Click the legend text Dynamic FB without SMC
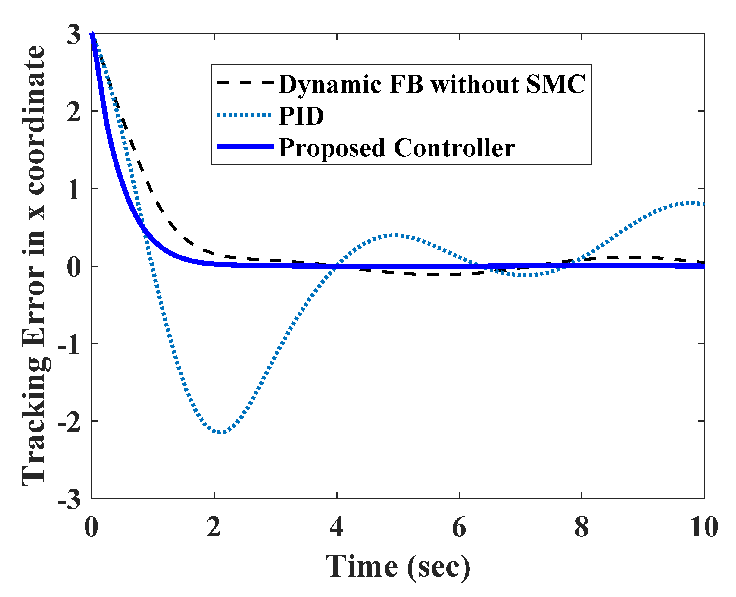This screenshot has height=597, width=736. click(x=432, y=84)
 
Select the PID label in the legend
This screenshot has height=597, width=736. click(x=301, y=116)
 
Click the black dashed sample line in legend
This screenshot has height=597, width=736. click(x=245, y=83)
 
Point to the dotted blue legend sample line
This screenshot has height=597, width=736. click(x=245, y=115)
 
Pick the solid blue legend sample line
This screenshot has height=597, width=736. click(x=245, y=147)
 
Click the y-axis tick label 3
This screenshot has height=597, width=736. click(x=73, y=34)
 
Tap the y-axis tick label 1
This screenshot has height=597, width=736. click(x=73, y=190)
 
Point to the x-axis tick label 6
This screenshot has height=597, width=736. click(x=459, y=527)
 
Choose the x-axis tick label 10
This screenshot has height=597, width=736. click(x=704, y=527)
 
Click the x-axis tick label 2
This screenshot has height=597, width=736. click(x=214, y=527)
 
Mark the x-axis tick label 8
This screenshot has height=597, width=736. click(x=582, y=527)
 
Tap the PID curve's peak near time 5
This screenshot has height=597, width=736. click(x=395, y=236)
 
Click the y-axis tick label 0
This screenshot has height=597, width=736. click(x=73, y=268)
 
